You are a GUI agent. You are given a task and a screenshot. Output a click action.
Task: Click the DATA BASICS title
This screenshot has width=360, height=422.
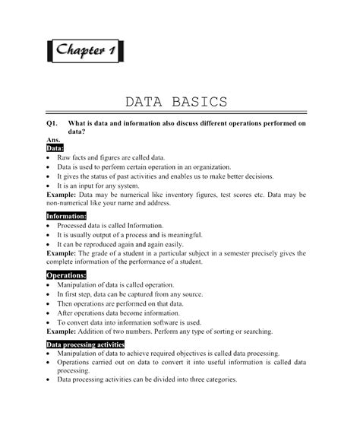point(175,101)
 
